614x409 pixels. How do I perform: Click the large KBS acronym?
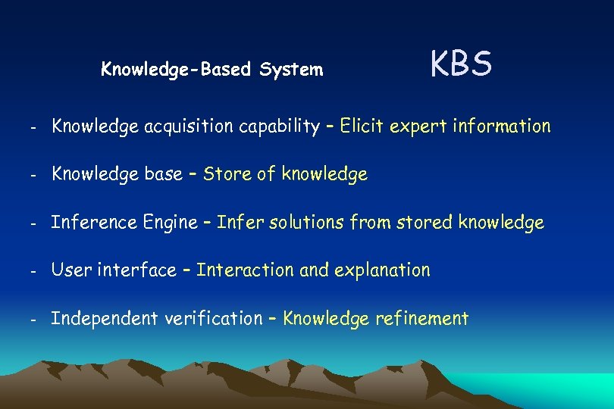pos(462,64)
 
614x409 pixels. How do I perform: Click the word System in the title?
pos(291,70)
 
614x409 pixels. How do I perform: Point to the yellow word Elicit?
pos(362,126)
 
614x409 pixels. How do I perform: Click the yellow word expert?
pos(418,126)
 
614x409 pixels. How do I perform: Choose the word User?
pos(70,270)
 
